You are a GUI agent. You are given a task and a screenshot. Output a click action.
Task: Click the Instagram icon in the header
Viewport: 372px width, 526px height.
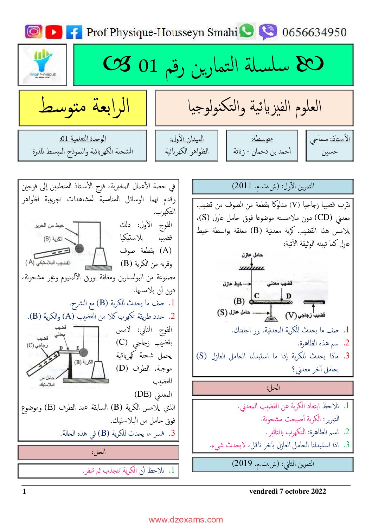pyautogui.click(x=33, y=32)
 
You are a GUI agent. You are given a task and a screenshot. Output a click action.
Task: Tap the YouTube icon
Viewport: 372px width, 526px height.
pyautogui.click(x=53, y=32)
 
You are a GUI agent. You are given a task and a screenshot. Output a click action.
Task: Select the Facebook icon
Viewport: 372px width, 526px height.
pyautogui.click(x=73, y=32)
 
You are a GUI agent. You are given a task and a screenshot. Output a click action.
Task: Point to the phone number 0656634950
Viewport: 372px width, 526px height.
pyautogui.click(x=314, y=32)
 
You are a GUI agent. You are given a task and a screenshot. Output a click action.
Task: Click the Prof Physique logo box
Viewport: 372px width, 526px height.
pyautogui.click(x=42, y=65)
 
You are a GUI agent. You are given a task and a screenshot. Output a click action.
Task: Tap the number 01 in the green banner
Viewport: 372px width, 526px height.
pyautogui.click(x=148, y=66)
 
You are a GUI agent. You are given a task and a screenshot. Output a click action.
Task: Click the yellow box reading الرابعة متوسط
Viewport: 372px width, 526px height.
pyautogui.click(x=83, y=108)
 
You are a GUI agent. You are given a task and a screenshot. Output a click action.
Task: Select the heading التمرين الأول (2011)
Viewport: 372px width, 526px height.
pyautogui.click(x=272, y=186)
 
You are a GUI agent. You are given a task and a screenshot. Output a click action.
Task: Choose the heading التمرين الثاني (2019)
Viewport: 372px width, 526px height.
pyautogui.click(x=272, y=464)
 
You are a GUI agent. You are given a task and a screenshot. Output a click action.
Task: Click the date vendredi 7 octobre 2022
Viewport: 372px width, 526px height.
pyautogui.click(x=287, y=491)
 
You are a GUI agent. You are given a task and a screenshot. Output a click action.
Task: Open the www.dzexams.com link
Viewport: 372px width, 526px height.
pyautogui.click(x=186, y=520)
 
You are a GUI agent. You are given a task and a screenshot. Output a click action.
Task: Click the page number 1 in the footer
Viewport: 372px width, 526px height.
pyautogui.click(x=24, y=491)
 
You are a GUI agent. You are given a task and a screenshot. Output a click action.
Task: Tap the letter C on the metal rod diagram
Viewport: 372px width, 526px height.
pyautogui.click(x=256, y=296)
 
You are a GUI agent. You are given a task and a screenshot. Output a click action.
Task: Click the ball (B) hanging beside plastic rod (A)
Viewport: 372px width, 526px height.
pyautogui.click(x=80, y=248)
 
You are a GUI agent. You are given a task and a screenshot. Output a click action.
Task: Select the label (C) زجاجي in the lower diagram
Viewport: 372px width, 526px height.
pyautogui.click(x=37, y=345)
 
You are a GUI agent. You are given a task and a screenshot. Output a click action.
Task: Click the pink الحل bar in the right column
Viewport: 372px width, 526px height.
pyautogui.click(x=272, y=388)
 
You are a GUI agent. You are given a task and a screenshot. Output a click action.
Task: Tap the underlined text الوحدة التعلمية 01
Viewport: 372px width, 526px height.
pyautogui.click(x=83, y=139)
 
